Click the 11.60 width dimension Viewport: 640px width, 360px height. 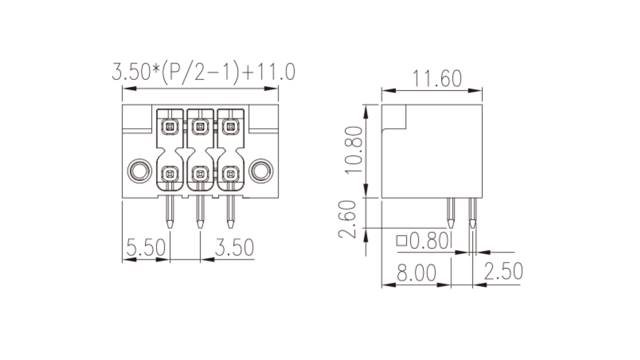click(x=437, y=78)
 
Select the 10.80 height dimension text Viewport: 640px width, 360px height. click(x=354, y=150)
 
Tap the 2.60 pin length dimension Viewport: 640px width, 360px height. click(x=347, y=220)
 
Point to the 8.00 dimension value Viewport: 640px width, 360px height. click(x=416, y=272)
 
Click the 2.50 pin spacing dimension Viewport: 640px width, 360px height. click(x=504, y=271)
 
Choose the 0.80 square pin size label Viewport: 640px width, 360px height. click(x=428, y=240)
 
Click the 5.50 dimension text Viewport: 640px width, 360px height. click(x=146, y=247)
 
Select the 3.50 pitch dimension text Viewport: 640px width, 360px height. click(x=234, y=247)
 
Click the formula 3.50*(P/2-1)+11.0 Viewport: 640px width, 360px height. click(x=204, y=72)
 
